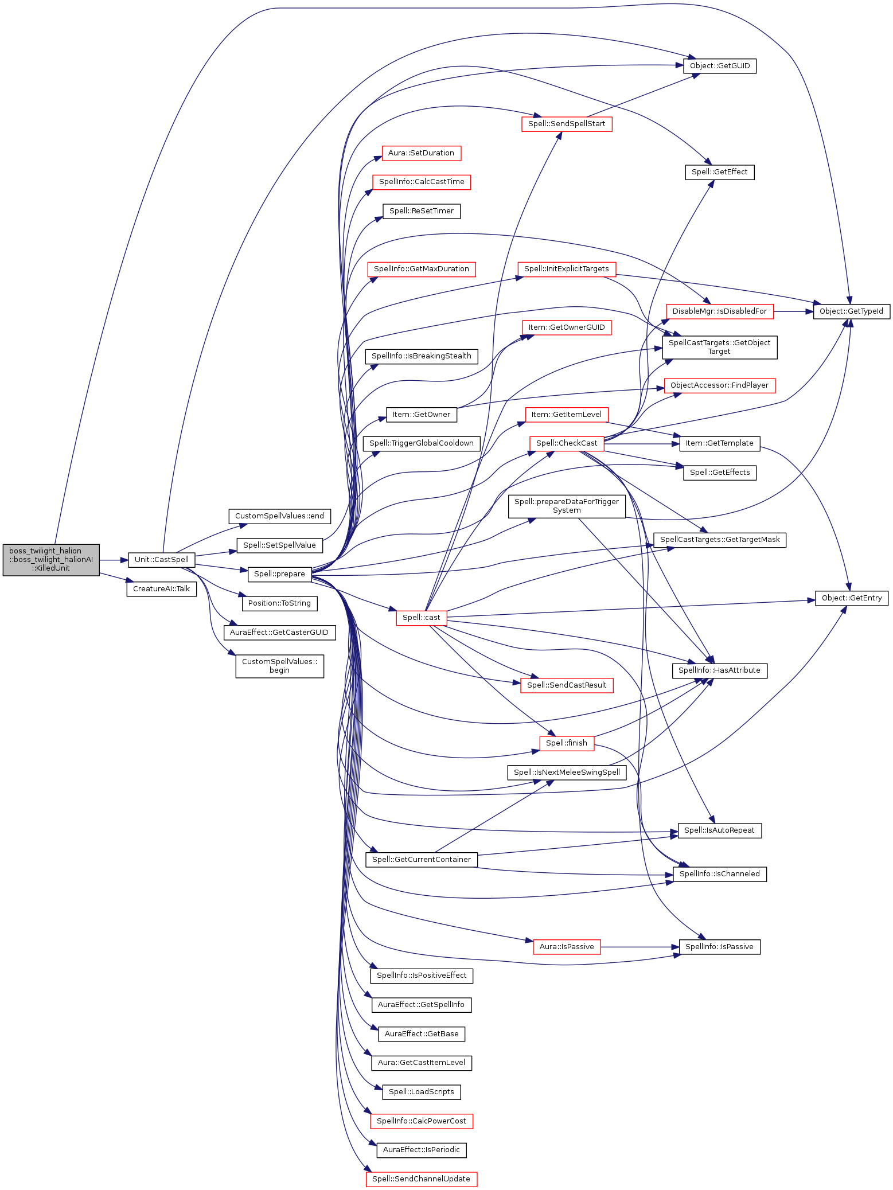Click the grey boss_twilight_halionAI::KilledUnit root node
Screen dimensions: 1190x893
click(x=51, y=559)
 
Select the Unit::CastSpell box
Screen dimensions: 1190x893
click(x=161, y=559)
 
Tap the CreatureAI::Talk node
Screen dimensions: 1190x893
click(x=161, y=588)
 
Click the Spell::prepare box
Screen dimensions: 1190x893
click(x=279, y=573)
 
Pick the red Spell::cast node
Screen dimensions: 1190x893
click(x=421, y=617)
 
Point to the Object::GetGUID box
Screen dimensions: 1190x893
click(x=719, y=66)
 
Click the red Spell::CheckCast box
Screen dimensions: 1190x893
click(x=566, y=443)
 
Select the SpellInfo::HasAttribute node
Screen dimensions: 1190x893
click(x=719, y=670)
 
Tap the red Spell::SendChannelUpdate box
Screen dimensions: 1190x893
click(x=421, y=1179)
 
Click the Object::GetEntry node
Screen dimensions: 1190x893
click(x=851, y=598)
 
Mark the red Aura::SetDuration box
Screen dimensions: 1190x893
click(x=421, y=153)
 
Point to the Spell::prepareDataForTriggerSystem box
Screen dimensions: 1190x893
click(x=566, y=506)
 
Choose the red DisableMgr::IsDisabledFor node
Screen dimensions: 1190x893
click(x=719, y=311)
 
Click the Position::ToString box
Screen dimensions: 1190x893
click(x=279, y=603)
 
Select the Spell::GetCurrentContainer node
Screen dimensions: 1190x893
click(x=421, y=859)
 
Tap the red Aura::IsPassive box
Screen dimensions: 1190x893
click(x=566, y=946)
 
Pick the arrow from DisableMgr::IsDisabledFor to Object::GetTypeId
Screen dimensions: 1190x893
click(x=794, y=311)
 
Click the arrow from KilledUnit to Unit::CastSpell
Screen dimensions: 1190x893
click(x=114, y=559)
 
